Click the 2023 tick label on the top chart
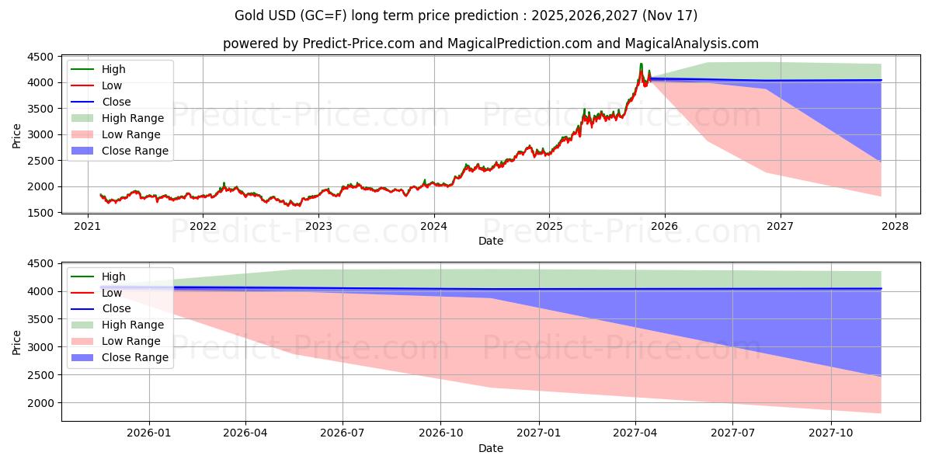point(318,227)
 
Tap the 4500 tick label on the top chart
point(40,57)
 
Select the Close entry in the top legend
point(116,102)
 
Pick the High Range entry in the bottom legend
point(133,325)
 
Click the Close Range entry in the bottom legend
point(135,357)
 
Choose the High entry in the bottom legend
point(113,276)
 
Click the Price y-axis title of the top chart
point(17,134)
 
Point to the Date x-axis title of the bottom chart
point(490,448)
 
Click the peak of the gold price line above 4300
point(641,64)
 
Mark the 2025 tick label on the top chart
point(549,227)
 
